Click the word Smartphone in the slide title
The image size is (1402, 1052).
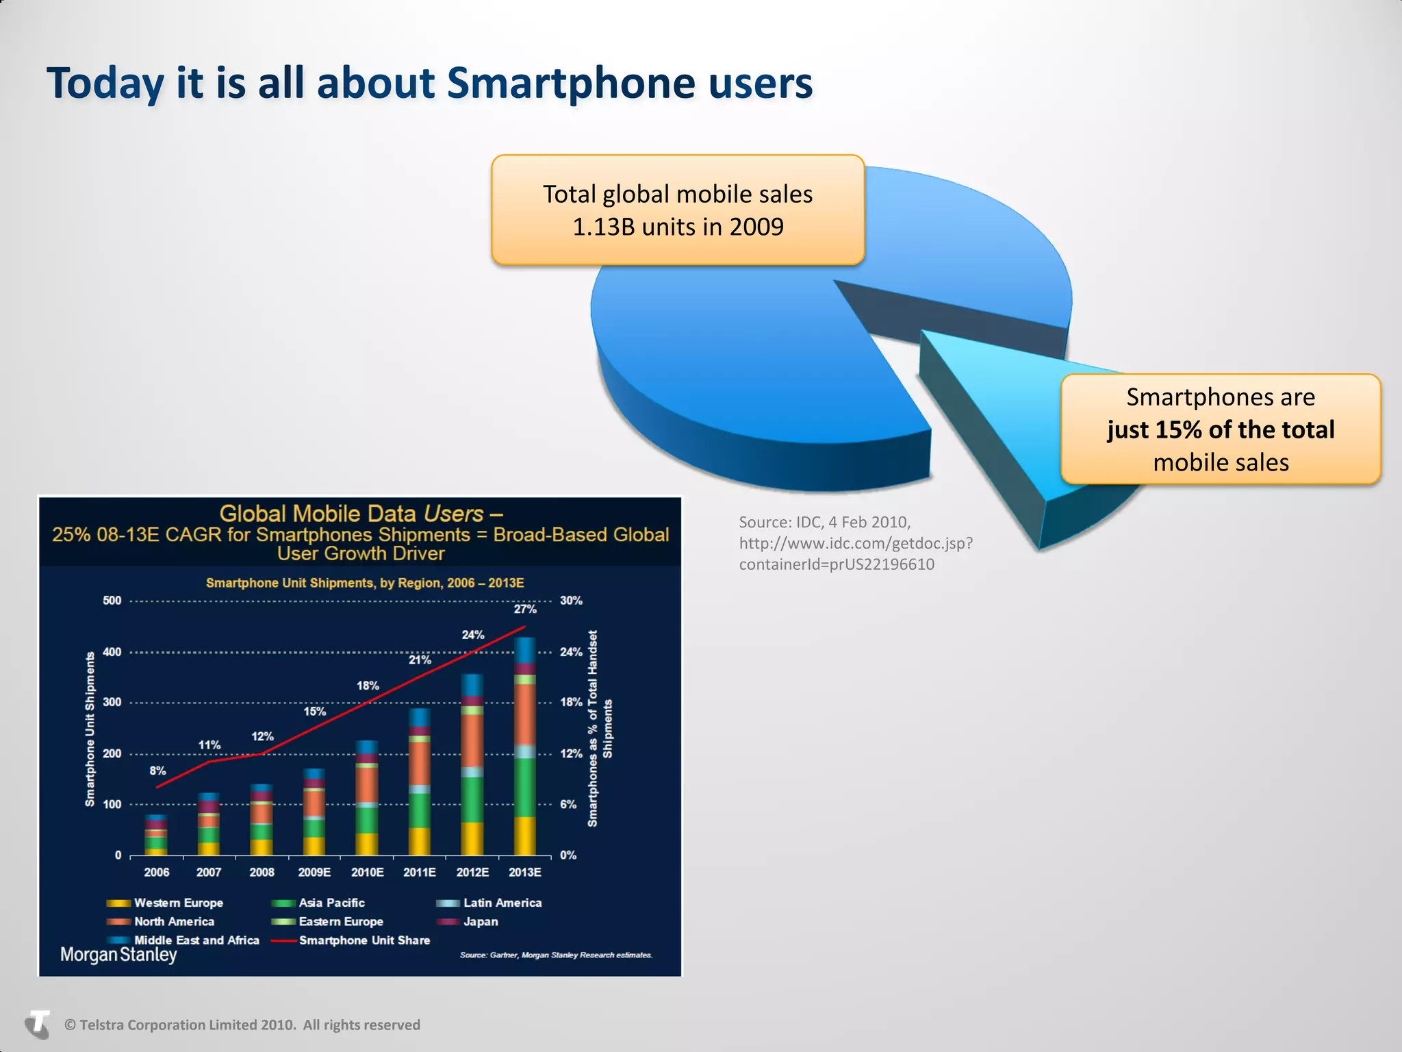pyautogui.click(x=572, y=84)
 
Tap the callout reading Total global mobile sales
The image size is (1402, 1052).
pyautogui.click(x=678, y=210)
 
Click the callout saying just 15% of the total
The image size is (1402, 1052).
pyautogui.click(x=1221, y=429)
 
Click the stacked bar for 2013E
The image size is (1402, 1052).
pyautogui.click(x=525, y=747)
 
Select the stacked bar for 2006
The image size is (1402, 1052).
pyautogui.click(x=157, y=836)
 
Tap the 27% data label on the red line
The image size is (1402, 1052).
pyautogui.click(x=525, y=609)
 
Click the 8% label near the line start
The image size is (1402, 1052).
pyautogui.click(x=157, y=771)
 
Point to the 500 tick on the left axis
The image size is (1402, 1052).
pyautogui.click(x=112, y=601)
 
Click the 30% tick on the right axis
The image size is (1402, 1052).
pyautogui.click(x=571, y=601)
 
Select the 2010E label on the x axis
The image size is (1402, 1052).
pyautogui.click(x=367, y=872)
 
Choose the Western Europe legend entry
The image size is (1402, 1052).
pyautogui.click(x=178, y=903)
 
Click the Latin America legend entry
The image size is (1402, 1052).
pyautogui.click(x=502, y=903)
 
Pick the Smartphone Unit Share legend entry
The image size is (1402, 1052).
pyautogui.click(x=364, y=940)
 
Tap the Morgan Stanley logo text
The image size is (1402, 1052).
pyautogui.click(x=118, y=954)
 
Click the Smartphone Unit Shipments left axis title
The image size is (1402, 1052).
pyautogui.click(x=90, y=729)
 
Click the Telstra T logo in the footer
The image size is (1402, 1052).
pyautogui.click(x=38, y=1025)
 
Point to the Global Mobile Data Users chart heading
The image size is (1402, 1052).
pyautogui.click(x=361, y=514)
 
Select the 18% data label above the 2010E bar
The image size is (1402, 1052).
pyautogui.click(x=368, y=686)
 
